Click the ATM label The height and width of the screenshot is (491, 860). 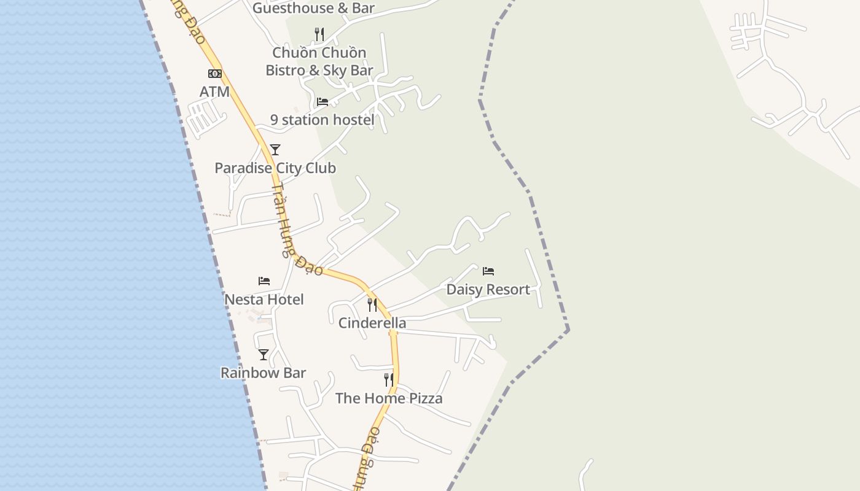(x=214, y=92)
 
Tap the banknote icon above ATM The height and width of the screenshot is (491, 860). (x=214, y=74)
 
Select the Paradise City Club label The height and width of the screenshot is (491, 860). (x=275, y=168)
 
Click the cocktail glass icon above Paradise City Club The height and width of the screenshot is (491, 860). (x=275, y=150)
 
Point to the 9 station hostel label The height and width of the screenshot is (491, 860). (x=322, y=120)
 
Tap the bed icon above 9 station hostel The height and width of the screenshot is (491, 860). (x=322, y=101)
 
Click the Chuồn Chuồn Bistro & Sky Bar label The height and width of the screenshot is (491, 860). (x=319, y=61)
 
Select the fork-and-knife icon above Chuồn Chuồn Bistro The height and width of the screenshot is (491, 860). (x=319, y=34)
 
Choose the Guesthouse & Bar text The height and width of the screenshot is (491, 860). (x=313, y=8)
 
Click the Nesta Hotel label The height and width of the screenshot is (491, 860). (x=264, y=300)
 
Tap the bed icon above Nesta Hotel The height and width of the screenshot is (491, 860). (x=264, y=281)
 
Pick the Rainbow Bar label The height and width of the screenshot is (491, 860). (x=263, y=373)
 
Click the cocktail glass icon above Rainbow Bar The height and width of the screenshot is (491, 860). (x=264, y=355)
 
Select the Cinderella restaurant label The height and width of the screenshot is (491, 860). (x=372, y=323)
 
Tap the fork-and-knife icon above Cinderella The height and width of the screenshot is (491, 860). (x=372, y=304)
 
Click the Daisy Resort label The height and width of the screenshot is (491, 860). (x=488, y=290)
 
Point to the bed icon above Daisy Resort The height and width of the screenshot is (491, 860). (x=488, y=271)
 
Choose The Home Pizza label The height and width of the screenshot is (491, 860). (x=389, y=398)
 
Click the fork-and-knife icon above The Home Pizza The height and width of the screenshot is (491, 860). (x=389, y=380)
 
